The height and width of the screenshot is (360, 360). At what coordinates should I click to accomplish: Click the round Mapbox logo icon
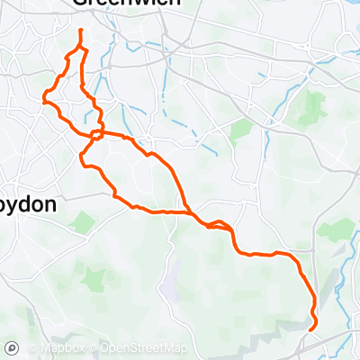[x=13, y=347]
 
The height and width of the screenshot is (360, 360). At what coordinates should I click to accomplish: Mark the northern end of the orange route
[x=81, y=31]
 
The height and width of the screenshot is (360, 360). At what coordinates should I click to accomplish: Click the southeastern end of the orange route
[x=310, y=330]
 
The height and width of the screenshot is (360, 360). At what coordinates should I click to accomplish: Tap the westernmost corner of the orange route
[x=43, y=101]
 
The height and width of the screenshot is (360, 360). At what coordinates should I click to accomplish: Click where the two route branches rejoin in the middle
[x=190, y=212]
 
